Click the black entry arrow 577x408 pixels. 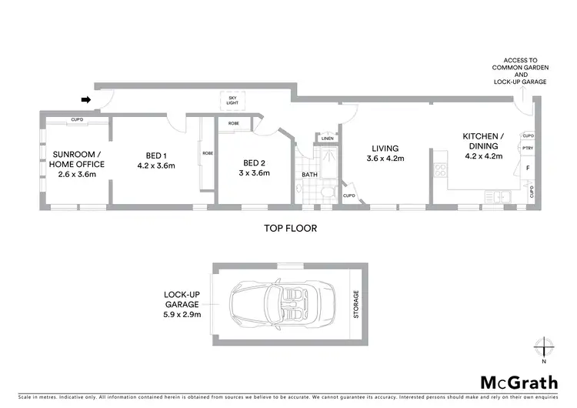86,99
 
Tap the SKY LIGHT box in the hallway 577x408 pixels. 232,100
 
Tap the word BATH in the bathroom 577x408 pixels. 309,175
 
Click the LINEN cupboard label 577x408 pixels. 328,139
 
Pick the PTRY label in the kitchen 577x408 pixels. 528,149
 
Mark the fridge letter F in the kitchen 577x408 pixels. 528,168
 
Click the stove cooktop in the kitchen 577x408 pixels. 442,169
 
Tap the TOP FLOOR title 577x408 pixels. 290,228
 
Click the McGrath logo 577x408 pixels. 520,382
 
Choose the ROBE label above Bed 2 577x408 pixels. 233,122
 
